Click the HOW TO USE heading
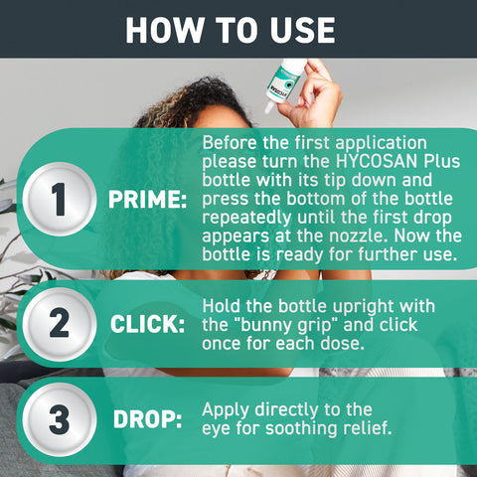(230, 29)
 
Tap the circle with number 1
(60, 200)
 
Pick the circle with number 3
(60, 419)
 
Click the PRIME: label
(148, 201)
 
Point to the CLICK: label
(148, 326)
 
